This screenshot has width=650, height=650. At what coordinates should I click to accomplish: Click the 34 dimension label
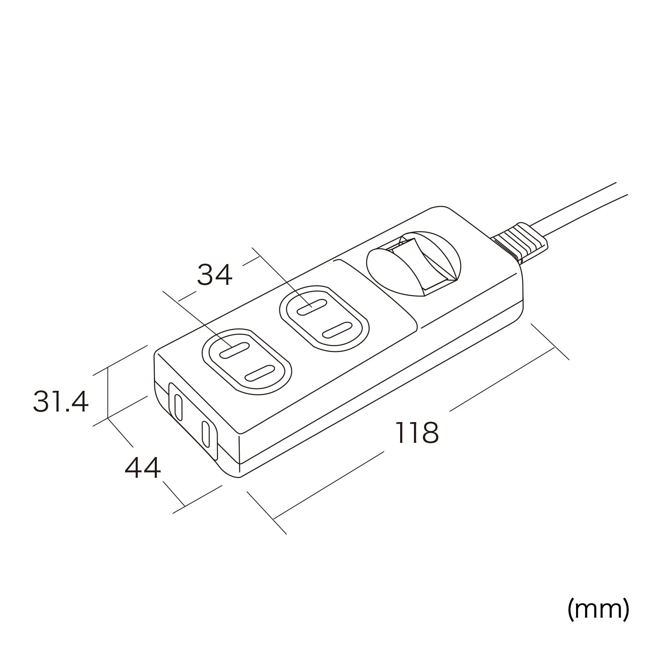pyautogui.click(x=214, y=275)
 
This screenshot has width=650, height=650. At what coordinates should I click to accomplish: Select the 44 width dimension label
pyautogui.click(x=143, y=468)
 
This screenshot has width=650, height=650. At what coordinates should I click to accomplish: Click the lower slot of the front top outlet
pyautogui.click(x=259, y=373)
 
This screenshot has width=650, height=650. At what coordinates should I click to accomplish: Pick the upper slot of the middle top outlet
pyautogui.click(x=312, y=308)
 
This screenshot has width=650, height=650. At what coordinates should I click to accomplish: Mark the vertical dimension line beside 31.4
pyautogui.click(x=108, y=392)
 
